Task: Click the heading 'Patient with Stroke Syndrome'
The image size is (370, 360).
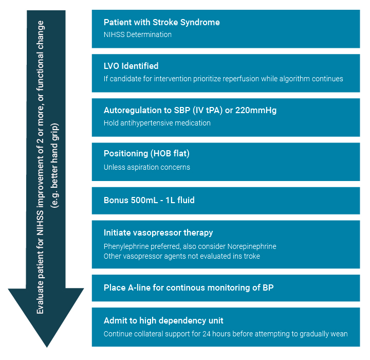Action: click(x=162, y=23)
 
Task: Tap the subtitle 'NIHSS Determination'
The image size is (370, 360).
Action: click(x=138, y=34)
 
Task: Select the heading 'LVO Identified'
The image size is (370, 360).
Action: click(x=131, y=66)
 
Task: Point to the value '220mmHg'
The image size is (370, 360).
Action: click(x=256, y=111)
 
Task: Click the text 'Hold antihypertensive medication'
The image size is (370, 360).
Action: click(x=157, y=123)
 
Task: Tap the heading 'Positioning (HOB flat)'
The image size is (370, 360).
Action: click(x=146, y=154)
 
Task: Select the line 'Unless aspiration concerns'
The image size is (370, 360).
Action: click(x=147, y=167)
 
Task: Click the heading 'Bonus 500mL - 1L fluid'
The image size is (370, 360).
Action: click(x=149, y=201)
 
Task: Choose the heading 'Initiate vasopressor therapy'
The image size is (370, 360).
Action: click(x=158, y=233)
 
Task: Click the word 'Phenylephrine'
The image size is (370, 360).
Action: click(x=126, y=247)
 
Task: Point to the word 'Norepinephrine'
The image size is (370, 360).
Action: click(x=252, y=247)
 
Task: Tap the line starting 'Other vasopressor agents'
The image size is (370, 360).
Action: click(x=182, y=256)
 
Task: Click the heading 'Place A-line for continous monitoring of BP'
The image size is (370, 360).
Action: click(x=189, y=287)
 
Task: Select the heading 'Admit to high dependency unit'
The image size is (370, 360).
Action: click(x=163, y=321)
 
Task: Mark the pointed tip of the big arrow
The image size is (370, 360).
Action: click(x=47, y=347)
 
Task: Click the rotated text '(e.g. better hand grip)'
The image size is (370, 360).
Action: click(x=54, y=166)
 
